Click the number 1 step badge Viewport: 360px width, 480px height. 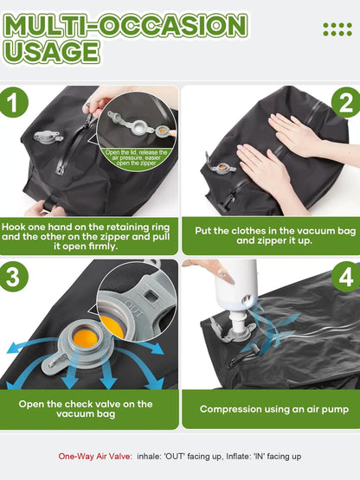pyautogui.click(x=14, y=102)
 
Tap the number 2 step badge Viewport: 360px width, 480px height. pyautogui.click(x=346, y=102)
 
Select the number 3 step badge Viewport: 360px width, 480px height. pyautogui.click(x=14, y=277)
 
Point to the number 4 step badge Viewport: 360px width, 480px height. pyautogui.click(x=346, y=277)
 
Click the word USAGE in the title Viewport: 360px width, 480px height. pyautogui.click(x=51, y=52)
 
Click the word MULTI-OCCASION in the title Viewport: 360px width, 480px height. pyautogui.click(x=125, y=25)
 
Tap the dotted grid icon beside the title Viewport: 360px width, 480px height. pyautogui.click(x=337, y=29)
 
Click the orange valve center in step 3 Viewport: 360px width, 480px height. pyautogui.click(x=85, y=338)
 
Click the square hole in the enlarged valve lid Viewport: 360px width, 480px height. pyautogui.click(x=150, y=296)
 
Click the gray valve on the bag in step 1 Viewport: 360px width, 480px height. pyautogui.click(x=48, y=137)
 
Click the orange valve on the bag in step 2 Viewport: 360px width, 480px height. pyautogui.click(x=221, y=167)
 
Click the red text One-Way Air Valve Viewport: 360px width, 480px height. pyautogui.click(x=95, y=457)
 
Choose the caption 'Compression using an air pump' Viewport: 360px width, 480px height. pyautogui.click(x=274, y=409)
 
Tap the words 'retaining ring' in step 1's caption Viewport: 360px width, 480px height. pyautogui.click(x=144, y=227)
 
